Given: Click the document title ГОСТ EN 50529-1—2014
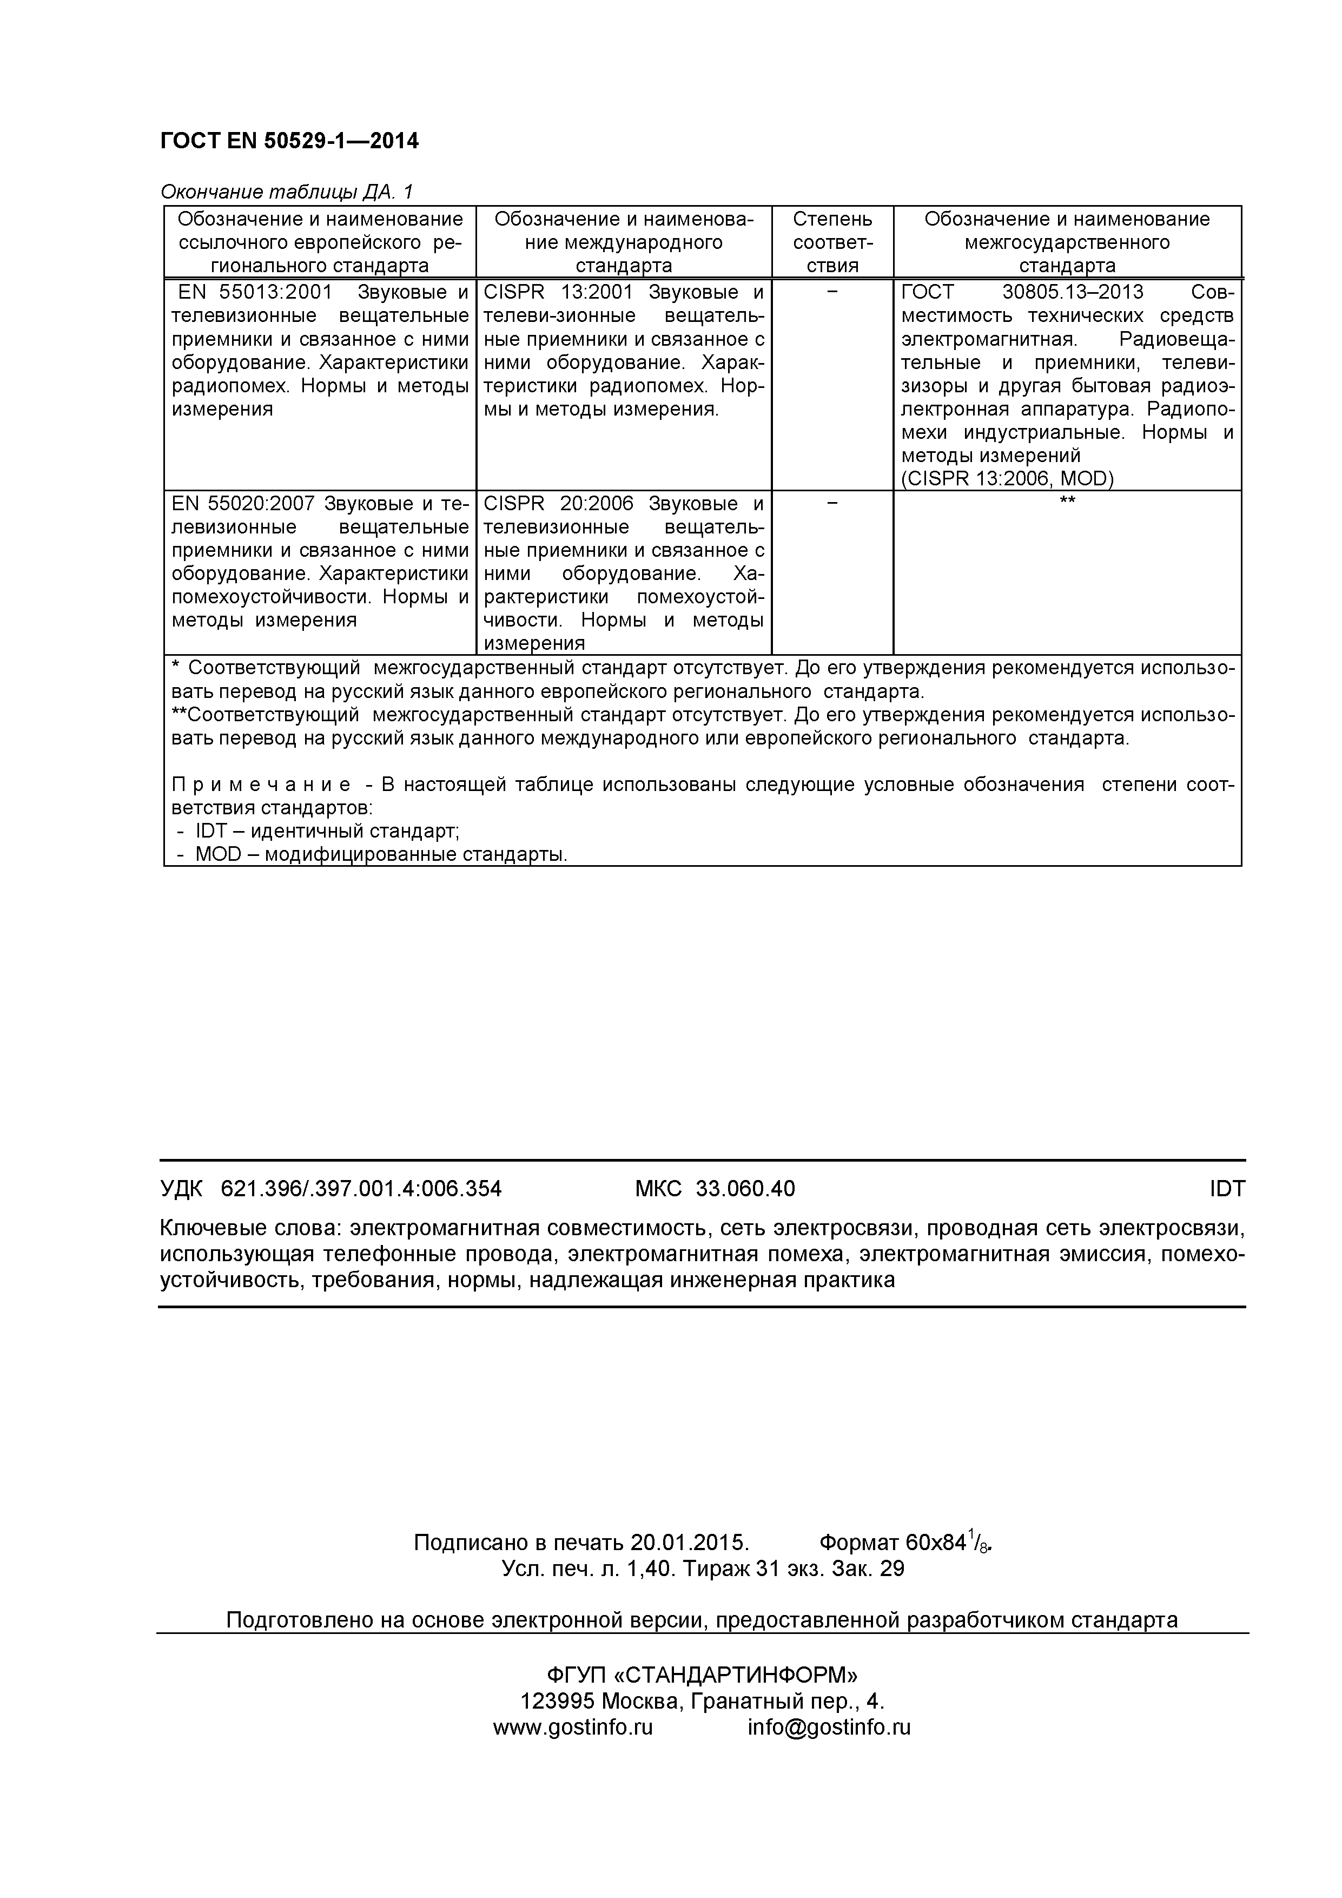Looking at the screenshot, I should (289, 141).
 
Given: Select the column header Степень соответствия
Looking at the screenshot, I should (831, 242).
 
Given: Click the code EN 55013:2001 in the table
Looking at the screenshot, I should (255, 293).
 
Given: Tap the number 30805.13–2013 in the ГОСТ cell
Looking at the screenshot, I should (1073, 293).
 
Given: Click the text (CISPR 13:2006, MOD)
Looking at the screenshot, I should (1007, 479).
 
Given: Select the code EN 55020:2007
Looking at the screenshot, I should (244, 504).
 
